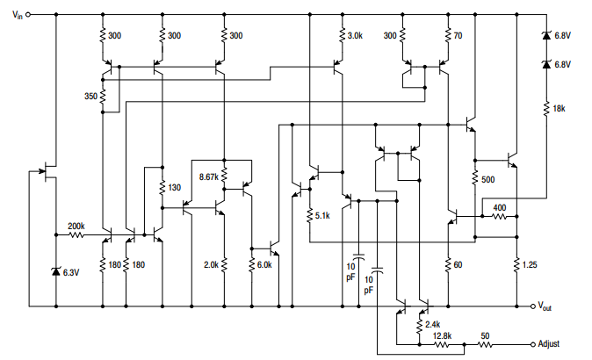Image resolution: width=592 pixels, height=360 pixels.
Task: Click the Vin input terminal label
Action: (18, 15)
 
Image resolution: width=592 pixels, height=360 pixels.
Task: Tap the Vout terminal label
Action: (545, 306)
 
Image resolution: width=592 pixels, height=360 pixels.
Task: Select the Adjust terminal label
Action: (549, 344)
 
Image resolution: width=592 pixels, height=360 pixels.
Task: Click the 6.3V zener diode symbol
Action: (56, 271)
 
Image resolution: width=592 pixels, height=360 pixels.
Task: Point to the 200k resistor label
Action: (76, 226)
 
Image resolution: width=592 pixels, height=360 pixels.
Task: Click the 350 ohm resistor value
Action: (90, 97)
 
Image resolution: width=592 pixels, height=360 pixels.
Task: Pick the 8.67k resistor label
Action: (209, 176)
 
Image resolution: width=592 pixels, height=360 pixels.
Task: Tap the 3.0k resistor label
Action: (355, 35)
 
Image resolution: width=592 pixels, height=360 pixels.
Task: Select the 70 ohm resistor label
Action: (458, 35)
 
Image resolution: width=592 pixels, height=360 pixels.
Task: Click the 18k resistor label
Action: (560, 108)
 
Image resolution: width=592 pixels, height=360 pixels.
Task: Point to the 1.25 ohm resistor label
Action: (530, 264)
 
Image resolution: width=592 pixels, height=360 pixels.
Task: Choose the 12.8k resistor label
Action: (442, 335)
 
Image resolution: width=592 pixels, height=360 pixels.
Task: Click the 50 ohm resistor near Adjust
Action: (486, 344)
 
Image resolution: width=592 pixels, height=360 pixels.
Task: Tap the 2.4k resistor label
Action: (433, 324)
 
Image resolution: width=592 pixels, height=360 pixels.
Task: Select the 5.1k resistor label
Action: (322, 215)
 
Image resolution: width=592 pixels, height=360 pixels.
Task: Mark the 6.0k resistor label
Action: (264, 264)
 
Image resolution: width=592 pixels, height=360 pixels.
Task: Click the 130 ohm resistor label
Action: (175, 187)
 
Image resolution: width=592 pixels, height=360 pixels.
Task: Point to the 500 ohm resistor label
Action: (488, 179)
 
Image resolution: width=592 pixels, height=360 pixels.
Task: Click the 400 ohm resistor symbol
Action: (500, 217)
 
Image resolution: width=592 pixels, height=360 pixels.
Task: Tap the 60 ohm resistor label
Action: (458, 264)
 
